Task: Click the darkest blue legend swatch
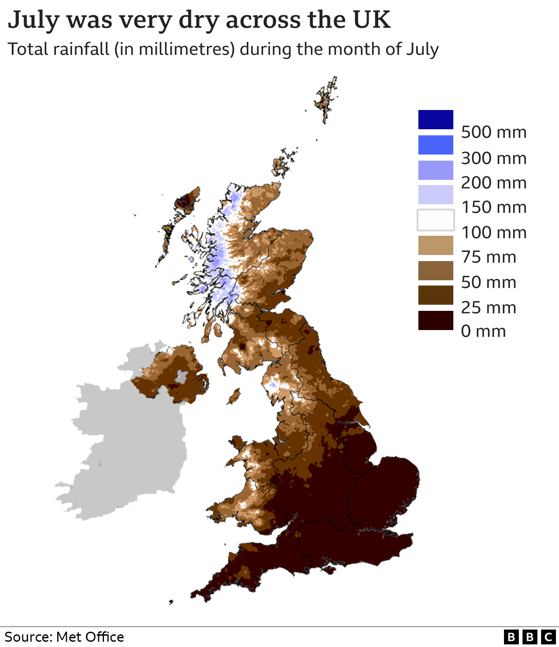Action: (435, 120)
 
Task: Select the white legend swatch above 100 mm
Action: (435, 220)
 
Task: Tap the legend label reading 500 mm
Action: (493, 132)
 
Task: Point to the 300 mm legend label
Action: (493, 158)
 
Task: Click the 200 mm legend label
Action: (493, 182)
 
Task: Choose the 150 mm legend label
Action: (493, 207)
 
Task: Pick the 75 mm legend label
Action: (488, 257)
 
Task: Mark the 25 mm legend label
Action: (488, 308)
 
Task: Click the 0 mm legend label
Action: (483, 331)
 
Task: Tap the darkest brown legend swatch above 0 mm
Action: (435, 320)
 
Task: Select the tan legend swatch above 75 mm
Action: (435, 245)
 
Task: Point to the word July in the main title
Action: (33, 20)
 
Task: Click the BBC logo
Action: (529, 637)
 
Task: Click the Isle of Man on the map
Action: (235, 396)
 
